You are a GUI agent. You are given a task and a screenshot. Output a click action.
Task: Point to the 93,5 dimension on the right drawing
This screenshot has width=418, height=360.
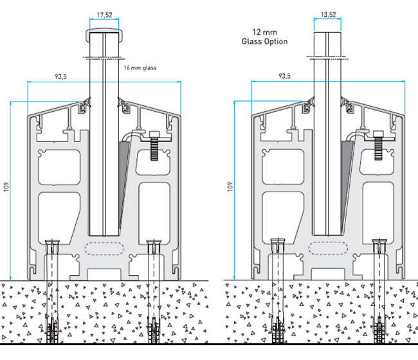pyautogui.click(x=284, y=76)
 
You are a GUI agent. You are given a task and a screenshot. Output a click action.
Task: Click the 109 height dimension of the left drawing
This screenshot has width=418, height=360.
pyautogui.click(x=6, y=188)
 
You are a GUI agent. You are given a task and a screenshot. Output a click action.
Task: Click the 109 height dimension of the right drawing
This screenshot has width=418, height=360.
pyautogui.click(x=230, y=188)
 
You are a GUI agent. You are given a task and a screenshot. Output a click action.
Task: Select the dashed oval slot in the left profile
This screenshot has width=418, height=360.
pyautogui.click(x=104, y=247)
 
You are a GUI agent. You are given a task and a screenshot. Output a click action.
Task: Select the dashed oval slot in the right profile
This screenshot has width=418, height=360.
pyautogui.click(x=327, y=247)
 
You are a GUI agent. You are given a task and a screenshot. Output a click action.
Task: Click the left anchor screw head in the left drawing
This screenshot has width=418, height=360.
pyautogui.click(x=53, y=246)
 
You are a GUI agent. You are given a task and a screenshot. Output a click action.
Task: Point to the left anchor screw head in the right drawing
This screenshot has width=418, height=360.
pyautogui.click(x=277, y=246)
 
